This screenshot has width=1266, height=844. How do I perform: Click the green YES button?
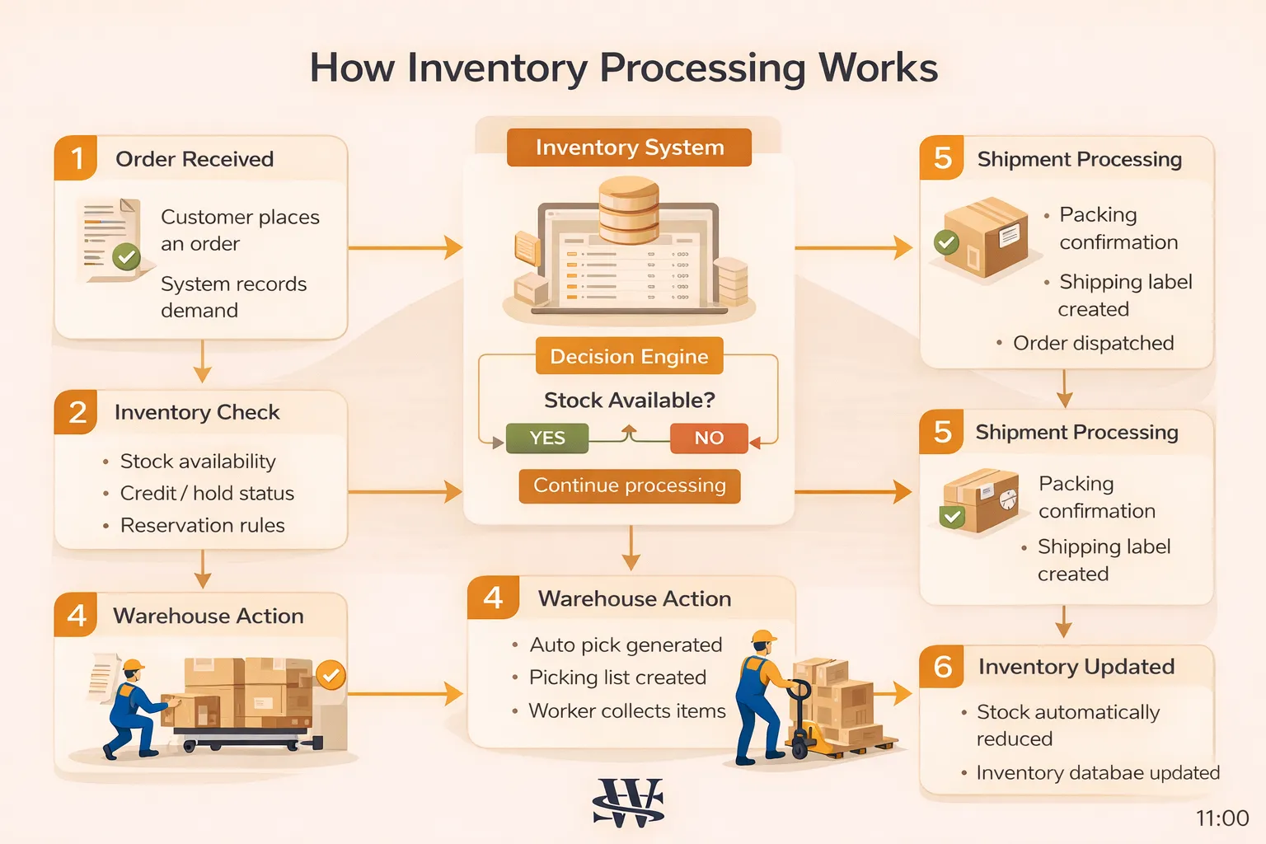pyautogui.click(x=547, y=438)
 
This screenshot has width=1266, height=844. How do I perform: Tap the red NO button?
pyautogui.click(x=709, y=438)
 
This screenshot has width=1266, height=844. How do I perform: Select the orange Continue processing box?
pyautogui.click(x=630, y=485)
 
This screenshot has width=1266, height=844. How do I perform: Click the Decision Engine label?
pyautogui.click(x=629, y=356)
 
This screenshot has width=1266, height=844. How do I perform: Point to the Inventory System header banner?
pyautogui.click(x=629, y=148)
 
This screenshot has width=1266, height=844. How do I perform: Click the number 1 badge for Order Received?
pyautogui.click(x=77, y=158)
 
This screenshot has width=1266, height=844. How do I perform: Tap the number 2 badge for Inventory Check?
pyautogui.click(x=77, y=412)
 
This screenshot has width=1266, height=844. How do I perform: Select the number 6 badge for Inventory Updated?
pyautogui.click(x=942, y=666)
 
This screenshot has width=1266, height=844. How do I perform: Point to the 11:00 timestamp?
pyautogui.click(x=1221, y=818)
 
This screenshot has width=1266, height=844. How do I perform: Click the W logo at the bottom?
pyautogui.click(x=629, y=802)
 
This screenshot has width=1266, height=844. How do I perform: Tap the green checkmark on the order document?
pyautogui.click(x=126, y=257)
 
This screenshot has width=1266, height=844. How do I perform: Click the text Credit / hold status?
pyautogui.click(x=207, y=493)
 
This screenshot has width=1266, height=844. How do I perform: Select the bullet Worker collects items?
pyautogui.click(x=626, y=710)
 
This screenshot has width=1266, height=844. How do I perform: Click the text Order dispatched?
pyautogui.click(x=1093, y=343)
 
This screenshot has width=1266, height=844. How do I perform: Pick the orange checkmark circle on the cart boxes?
pyautogui.click(x=331, y=676)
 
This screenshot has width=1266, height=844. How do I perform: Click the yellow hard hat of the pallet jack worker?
pyautogui.click(x=763, y=637)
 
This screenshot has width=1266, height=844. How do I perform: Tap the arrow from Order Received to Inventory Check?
pyautogui.click(x=202, y=363)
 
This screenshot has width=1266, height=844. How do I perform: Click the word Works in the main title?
pyautogui.click(x=878, y=68)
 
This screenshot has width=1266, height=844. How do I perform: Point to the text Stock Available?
pyautogui.click(x=629, y=401)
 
